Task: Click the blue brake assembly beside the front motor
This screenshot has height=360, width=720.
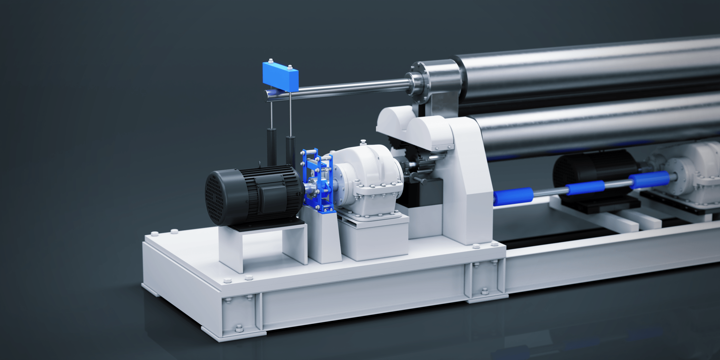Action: click(x=317, y=182)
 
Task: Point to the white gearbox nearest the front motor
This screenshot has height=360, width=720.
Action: click(x=369, y=179)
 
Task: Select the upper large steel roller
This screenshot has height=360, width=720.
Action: click(x=587, y=73)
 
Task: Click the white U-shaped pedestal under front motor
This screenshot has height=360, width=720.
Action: click(x=263, y=246)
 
